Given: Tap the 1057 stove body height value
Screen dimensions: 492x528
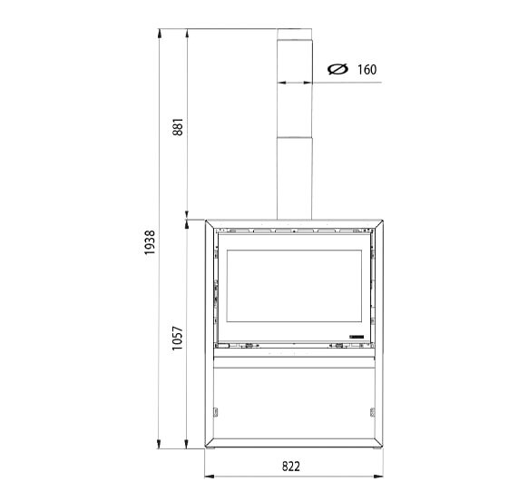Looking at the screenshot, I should pos(179,338).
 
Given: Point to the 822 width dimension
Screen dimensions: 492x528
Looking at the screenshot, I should pos(290,466).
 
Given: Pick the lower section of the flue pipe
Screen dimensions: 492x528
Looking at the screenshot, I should pos(295,177).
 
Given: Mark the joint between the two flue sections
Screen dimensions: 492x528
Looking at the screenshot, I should pos(295,137).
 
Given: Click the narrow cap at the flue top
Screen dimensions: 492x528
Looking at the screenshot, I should pos(295,34).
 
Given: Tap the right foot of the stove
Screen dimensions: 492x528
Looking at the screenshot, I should pos(376,448).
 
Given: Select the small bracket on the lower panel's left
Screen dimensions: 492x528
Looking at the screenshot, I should pos(216,412).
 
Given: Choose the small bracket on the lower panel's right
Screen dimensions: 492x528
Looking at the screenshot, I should pos(373,412).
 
